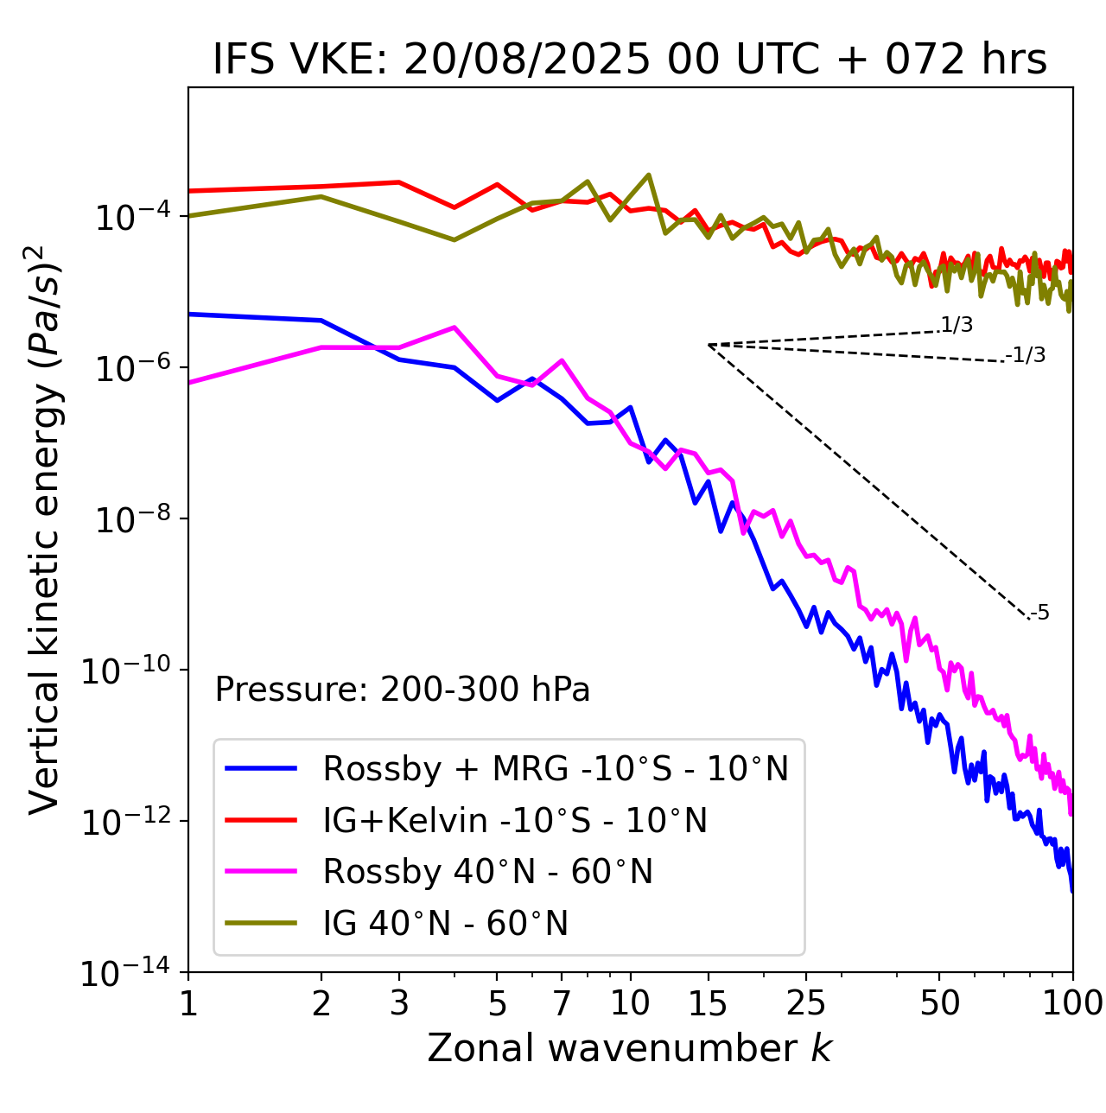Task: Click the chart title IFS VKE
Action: [630, 60]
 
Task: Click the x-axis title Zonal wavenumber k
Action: [630, 1047]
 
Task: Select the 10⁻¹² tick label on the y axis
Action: [130, 822]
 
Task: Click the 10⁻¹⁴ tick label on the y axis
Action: [130, 973]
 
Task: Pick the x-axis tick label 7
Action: [562, 1003]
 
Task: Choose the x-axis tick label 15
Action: [708, 1003]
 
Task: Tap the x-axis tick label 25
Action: [805, 1003]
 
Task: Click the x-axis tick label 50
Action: [939, 1003]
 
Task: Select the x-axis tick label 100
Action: [1072, 1003]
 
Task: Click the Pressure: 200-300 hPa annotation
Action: [403, 690]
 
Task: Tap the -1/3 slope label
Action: [1027, 355]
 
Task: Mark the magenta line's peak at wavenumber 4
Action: [454, 328]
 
